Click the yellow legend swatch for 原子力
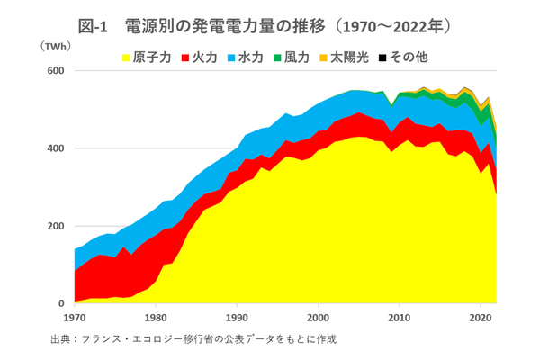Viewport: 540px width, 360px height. pos(126,58)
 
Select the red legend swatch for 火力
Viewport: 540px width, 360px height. pos(186,58)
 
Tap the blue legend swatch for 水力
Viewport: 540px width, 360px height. pos(232,58)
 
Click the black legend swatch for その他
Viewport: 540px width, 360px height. pos(382,58)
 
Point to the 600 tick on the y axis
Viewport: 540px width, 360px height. pos(56,71)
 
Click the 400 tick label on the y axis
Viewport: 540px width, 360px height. pos(56,148)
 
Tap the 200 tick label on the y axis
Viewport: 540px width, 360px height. pos(56,226)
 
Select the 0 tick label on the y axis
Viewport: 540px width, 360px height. pos(61,303)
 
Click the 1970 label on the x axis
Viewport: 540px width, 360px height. pos(75,317)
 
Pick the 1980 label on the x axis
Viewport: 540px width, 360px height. pos(156,317)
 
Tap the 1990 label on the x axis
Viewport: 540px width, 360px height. pos(237,317)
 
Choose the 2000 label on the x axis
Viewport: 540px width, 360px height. pos(318,317)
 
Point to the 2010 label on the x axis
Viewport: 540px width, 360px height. pos(398,317)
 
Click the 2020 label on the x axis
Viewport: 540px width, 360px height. pos(479,317)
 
